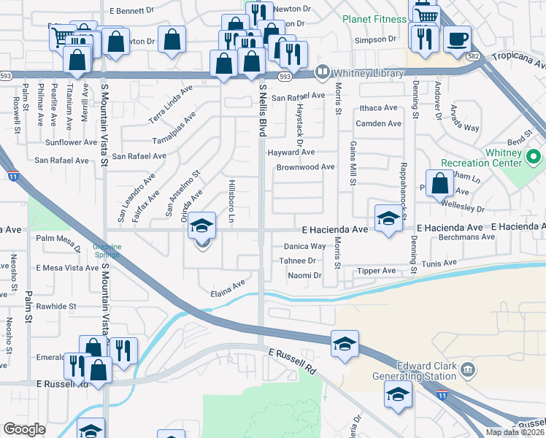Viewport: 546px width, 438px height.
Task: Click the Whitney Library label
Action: point(368,73)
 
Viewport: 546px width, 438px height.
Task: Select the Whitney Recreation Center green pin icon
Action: point(534,156)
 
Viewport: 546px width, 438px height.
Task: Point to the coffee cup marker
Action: point(457,39)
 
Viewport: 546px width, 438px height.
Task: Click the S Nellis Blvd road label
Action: point(262,109)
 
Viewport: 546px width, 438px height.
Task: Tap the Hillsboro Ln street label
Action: point(231,200)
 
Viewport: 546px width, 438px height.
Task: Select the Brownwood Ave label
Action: point(305,167)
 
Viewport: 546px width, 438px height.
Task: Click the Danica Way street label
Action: point(304,247)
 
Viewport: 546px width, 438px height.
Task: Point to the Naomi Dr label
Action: point(305,275)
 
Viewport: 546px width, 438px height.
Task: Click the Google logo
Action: point(24,429)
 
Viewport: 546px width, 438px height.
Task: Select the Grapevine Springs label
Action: point(107,250)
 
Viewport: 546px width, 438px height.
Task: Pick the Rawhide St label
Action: point(56,307)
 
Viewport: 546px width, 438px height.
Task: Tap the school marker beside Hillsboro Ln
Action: point(202,226)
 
